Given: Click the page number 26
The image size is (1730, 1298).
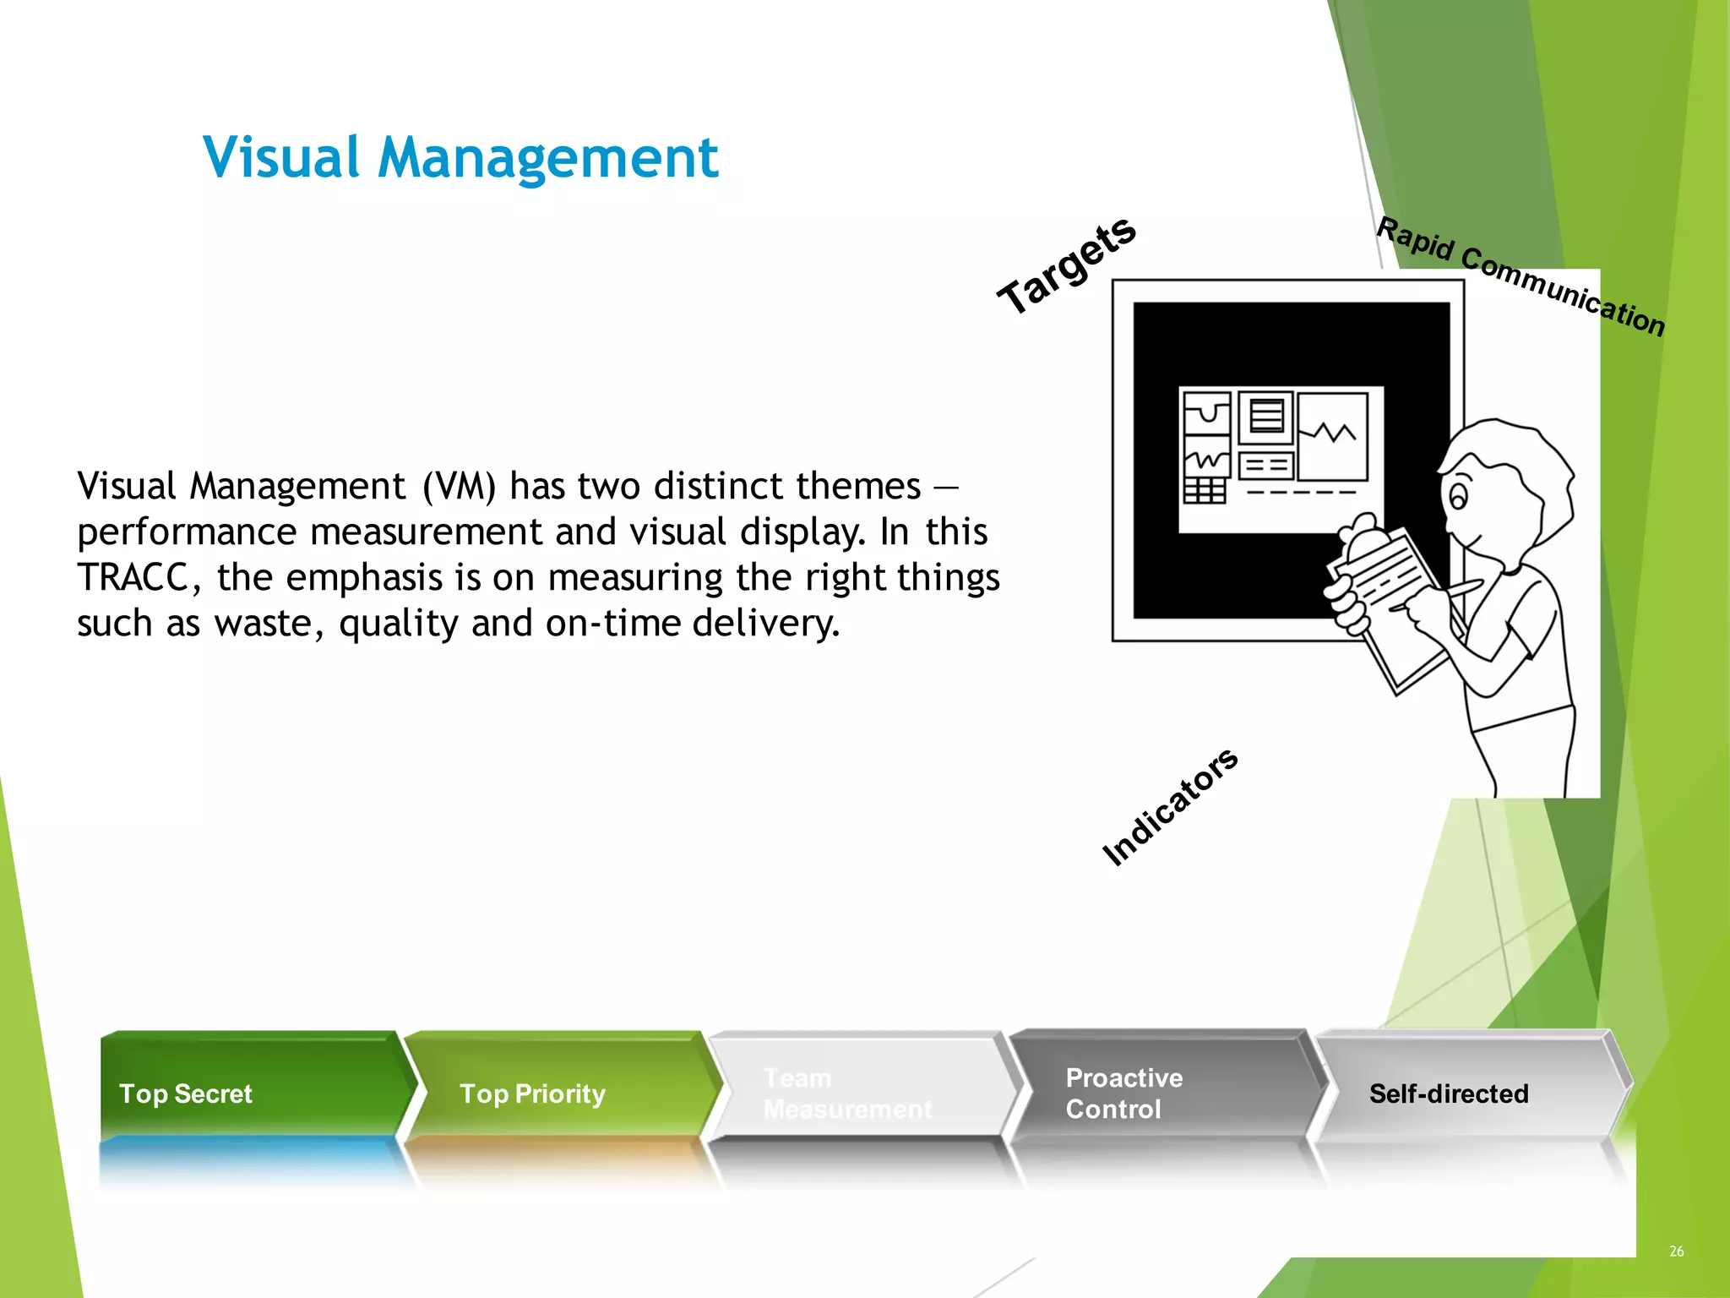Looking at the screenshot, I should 1676,1251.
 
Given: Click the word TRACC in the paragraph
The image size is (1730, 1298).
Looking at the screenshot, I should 133,578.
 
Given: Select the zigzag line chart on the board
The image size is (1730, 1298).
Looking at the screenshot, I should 1332,435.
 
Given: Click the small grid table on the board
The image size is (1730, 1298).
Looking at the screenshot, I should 1204,490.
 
